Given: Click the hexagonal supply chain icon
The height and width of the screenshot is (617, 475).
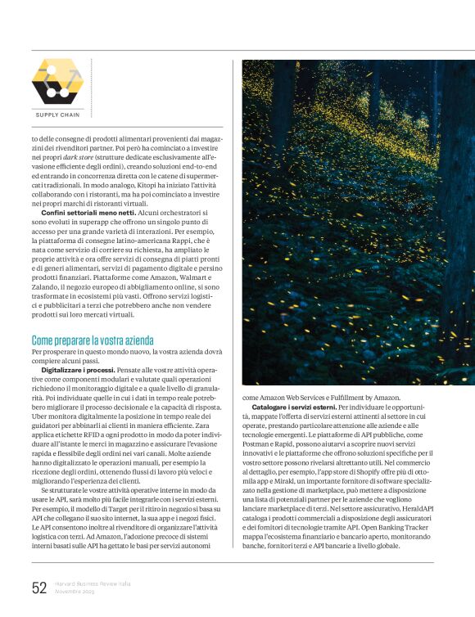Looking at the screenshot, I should point(57,82).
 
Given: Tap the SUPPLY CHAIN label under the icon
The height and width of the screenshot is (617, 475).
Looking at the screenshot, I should point(57,115).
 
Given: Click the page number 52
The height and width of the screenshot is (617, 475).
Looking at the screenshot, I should point(39,587).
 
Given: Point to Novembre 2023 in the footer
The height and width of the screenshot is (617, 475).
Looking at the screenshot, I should point(76,591).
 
